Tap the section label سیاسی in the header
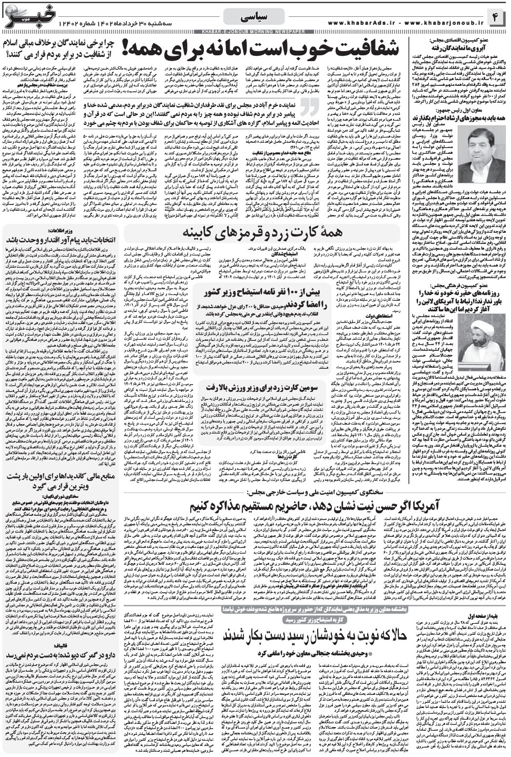click(254, 17)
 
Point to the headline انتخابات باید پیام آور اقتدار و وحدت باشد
click(63, 238)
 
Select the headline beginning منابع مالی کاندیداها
click(63, 458)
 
